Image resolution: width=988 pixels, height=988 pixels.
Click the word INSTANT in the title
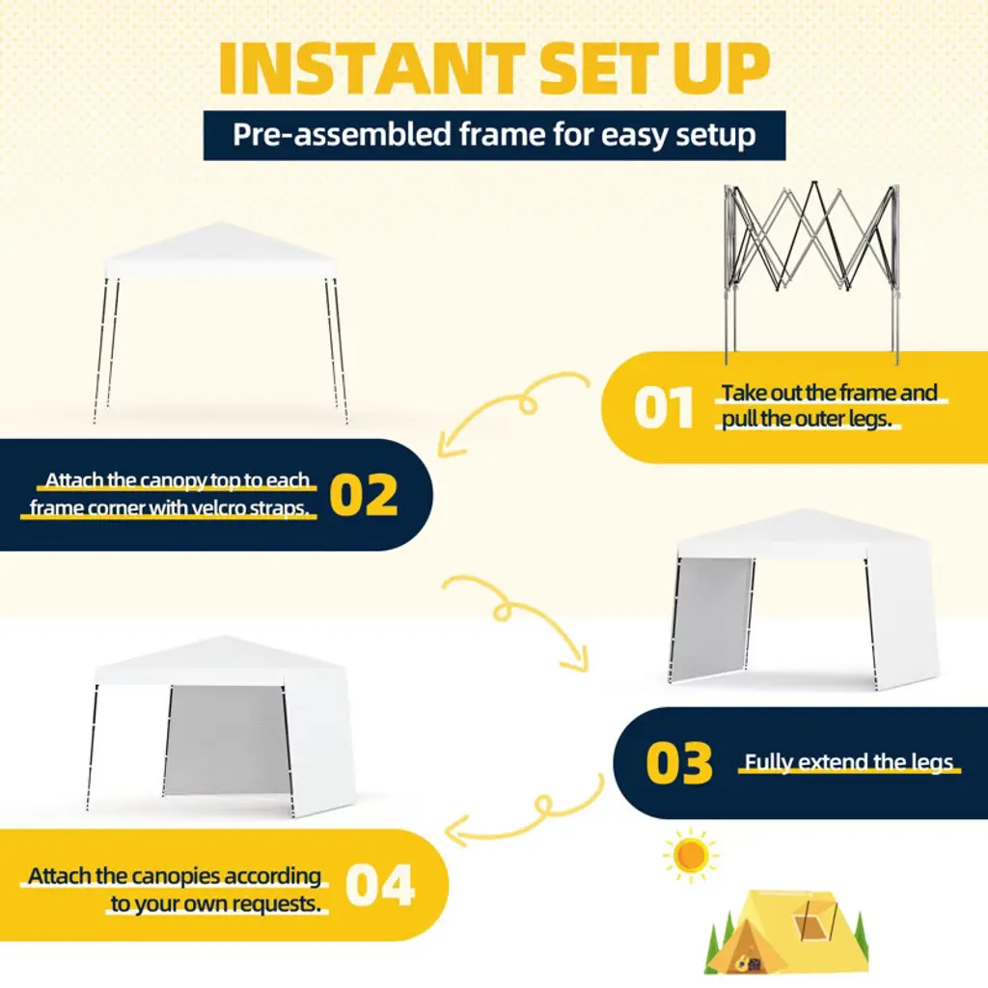(371, 69)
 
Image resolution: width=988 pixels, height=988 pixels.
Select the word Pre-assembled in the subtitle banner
(343, 135)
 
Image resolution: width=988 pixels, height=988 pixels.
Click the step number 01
(664, 408)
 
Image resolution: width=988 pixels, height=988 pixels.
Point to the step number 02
(364, 495)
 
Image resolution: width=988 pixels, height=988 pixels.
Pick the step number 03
(678, 763)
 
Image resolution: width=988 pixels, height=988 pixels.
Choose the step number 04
(380, 885)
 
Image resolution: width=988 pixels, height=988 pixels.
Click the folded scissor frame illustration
(812, 272)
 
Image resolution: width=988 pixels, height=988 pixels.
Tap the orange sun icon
(691, 855)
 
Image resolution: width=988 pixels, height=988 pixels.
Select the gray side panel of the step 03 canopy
(712, 617)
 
